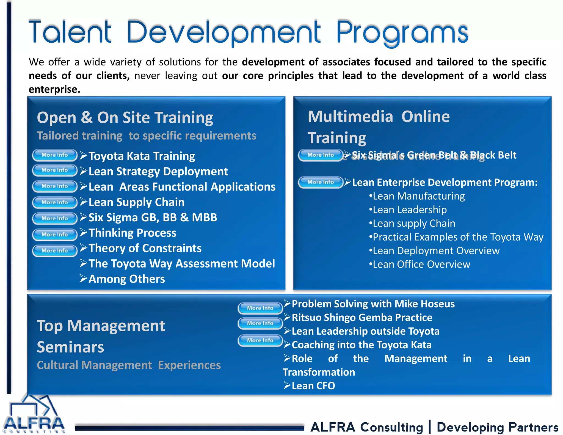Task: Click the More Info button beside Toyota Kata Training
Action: pyautogui.click(x=55, y=155)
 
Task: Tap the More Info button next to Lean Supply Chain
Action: pyautogui.click(x=55, y=202)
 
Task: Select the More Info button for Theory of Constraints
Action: pyautogui.click(x=55, y=250)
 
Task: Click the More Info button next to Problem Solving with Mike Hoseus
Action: pyautogui.click(x=260, y=308)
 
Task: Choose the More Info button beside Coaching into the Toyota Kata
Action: pyautogui.click(x=260, y=340)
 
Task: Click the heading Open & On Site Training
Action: pyautogui.click(x=125, y=118)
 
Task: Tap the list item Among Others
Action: pyautogui.click(x=127, y=279)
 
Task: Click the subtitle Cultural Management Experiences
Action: pyautogui.click(x=129, y=365)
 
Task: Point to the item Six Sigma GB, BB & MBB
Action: pyautogui.click(x=153, y=217)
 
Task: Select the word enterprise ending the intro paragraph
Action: pyautogui.click(x=54, y=90)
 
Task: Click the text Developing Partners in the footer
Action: pyautogui.click(x=498, y=427)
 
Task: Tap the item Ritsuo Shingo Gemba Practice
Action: pyautogui.click(x=362, y=318)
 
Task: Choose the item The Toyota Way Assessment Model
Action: pyautogui.click(x=181, y=264)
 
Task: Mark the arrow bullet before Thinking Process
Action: pyautogui.click(x=84, y=233)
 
